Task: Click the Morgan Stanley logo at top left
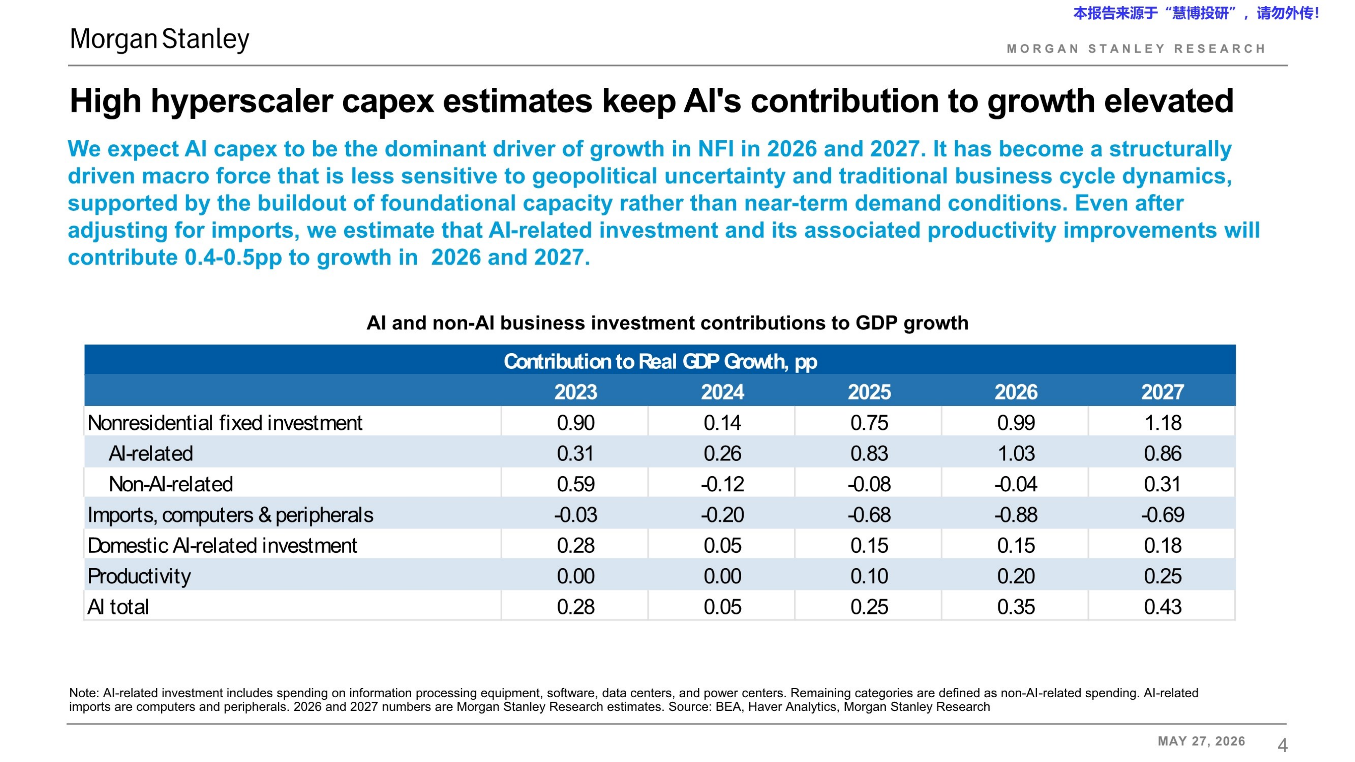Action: click(159, 39)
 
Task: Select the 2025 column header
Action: click(869, 392)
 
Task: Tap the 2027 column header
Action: click(1163, 392)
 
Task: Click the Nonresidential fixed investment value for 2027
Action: click(1163, 423)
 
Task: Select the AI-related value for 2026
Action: click(1016, 453)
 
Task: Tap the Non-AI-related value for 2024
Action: click(722, 484)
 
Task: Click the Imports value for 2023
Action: click(576, 515)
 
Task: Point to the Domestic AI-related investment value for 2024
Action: click(722, 545)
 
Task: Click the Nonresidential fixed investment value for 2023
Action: click(576, 423)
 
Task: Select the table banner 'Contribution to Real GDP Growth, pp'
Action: click(660, 362)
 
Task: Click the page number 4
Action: click(1283, 745)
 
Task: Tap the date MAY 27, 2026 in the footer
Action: click(1202, 741)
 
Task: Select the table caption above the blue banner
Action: click(667, 323)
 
